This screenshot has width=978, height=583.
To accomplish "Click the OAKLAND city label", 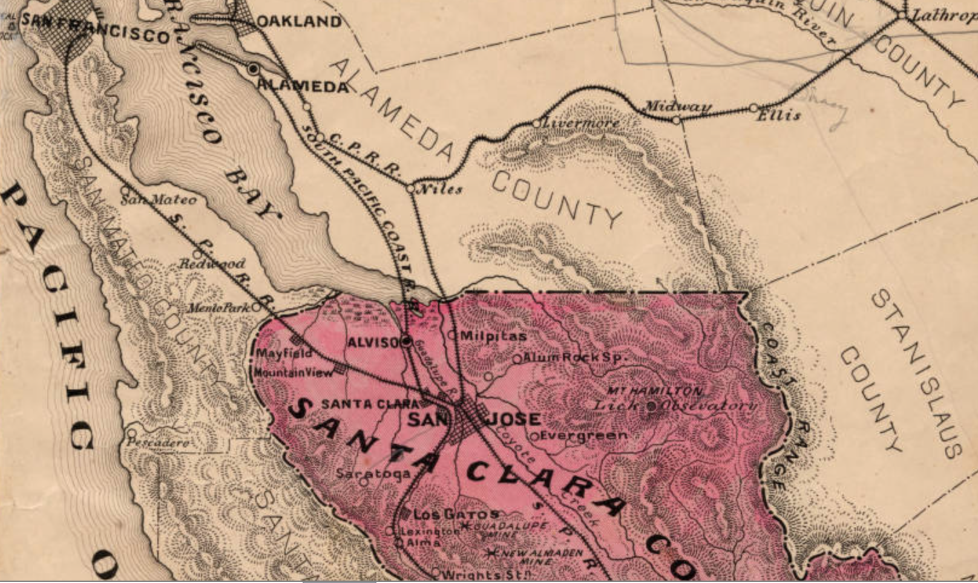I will [x=298, y=22].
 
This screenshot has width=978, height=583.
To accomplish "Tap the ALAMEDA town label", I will [x=303, y=86].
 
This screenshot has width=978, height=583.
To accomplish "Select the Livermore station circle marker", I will [x=536, y=123].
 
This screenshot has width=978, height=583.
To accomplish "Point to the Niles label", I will [x=441, y=189].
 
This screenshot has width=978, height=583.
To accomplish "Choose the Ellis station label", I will [x=778, y=114].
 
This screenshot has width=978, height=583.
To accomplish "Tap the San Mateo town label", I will [x=159, y=200].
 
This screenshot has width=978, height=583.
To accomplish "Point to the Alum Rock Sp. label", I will [x=573, y=357].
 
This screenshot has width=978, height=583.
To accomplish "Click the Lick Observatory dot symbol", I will [x=652, y=406].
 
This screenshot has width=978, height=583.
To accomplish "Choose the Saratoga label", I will [x=373, y=473].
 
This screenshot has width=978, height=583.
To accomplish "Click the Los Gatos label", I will [x=456, y=515].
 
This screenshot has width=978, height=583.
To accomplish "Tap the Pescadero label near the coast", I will [x=157, y=443].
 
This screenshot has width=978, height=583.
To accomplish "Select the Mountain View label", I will [x=293, y=373].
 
